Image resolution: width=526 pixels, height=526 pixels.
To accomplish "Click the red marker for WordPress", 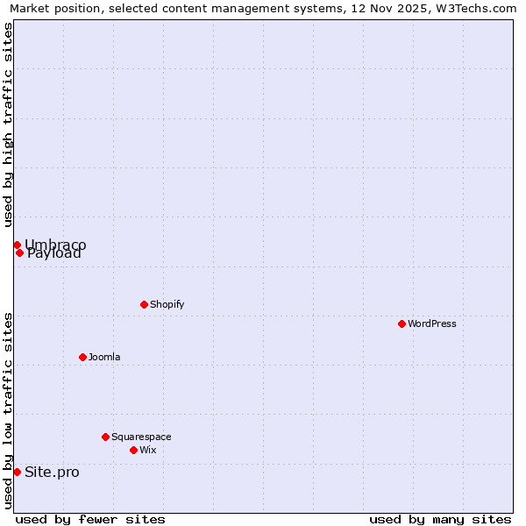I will [402, 323].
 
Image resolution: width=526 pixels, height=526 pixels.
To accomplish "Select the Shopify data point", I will [144, 304].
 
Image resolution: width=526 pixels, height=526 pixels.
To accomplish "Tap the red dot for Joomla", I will [82, 357].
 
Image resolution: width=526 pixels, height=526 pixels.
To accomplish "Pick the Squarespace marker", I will [105, 437].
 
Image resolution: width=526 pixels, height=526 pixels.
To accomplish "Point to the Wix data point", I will [133, 450].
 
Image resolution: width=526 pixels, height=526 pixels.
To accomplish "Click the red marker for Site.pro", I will [17, 472].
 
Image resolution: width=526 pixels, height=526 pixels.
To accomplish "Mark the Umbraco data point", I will [17, 245].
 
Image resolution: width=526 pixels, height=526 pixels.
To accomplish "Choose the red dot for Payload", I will [19, 252].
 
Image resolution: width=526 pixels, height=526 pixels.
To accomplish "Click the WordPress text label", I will [432, 323].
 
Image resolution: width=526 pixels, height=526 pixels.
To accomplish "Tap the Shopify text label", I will [167, 304].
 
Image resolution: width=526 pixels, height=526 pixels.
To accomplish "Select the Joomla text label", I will [104, 357].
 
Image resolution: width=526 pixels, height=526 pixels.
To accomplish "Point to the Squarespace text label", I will [141, 437].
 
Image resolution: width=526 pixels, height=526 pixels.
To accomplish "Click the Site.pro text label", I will [52, 472].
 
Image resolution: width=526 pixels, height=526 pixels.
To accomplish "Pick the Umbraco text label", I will [55, 244].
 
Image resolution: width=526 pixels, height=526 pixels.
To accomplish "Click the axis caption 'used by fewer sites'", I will [90, 519].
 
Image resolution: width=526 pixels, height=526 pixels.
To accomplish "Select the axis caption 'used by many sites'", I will [440, 519].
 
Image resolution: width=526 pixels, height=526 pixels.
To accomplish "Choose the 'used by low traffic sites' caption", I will [8, 410].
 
